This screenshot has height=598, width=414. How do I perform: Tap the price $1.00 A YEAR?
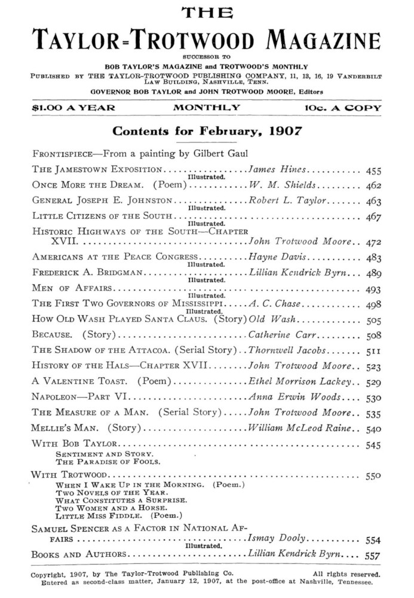(66, 108)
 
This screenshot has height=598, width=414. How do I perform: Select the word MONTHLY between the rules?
(207, 108)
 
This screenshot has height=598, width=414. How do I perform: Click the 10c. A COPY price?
(341, 108)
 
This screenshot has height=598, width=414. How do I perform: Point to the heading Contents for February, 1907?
(207, 130)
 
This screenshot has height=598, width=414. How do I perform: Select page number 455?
(373, 170)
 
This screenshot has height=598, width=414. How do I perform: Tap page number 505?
(373, 319)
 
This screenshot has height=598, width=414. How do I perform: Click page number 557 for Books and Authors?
(373, 555)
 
